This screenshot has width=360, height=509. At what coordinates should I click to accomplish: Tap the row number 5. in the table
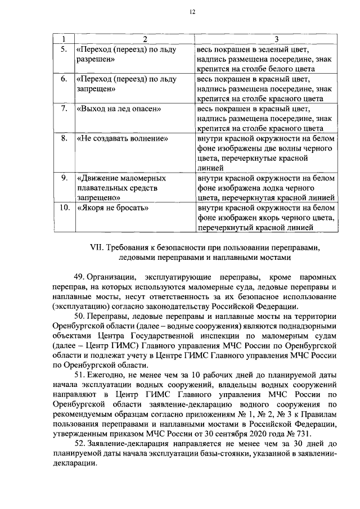tap(64, 49)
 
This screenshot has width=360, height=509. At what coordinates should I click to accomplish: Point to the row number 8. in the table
tap(64, 137)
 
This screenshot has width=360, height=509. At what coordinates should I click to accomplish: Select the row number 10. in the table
tap(64, 208)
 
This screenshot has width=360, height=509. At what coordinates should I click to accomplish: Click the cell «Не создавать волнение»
tap(123, 137)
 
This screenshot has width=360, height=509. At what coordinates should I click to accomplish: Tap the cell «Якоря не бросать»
tap(112, 208)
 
